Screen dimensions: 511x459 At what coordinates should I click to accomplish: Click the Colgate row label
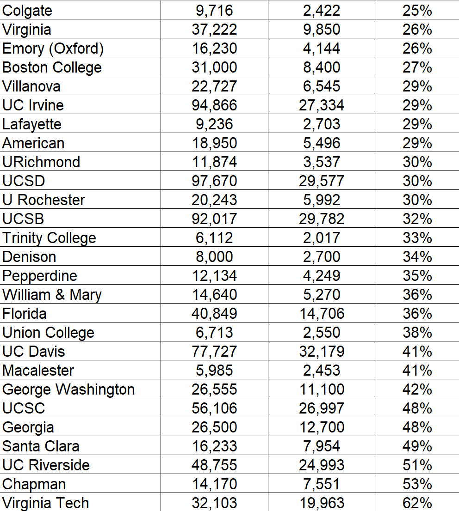coord(27,11)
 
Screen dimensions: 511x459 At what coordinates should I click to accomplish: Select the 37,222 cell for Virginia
coord(214,30)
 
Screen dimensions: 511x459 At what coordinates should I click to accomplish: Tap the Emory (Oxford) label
coord(53,49)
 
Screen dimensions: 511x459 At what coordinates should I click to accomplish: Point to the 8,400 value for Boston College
coord(322,67)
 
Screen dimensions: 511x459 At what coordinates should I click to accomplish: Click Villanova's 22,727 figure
coord(214,86)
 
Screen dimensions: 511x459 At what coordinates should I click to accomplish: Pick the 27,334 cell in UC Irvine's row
coord(322,105)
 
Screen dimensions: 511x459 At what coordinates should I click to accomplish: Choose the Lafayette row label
coord(31,124)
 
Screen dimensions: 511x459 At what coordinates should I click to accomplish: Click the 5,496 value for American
coord(322,143)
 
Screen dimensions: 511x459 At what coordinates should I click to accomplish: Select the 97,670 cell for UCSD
coord(214,181)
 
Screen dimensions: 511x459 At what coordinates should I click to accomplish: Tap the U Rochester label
coord(43,200)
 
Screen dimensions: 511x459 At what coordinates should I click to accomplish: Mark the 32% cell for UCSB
coord(417,219)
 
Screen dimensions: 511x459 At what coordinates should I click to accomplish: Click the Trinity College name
coord(49,238)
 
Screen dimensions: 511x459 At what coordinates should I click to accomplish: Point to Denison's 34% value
coord(417,257)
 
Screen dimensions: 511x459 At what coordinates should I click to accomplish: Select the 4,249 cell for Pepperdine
coord(322,276)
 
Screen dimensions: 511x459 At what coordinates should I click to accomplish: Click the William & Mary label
coord(52,295)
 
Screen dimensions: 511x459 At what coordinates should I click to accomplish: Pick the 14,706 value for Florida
coord(322,314)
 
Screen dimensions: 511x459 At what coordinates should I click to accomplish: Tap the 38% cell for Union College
coord(417,333)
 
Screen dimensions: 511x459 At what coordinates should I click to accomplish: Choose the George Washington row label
coord(68,389)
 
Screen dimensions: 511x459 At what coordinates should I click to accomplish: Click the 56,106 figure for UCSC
coord(214,408)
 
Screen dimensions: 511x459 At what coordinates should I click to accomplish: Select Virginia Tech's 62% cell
coord(417,503)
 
